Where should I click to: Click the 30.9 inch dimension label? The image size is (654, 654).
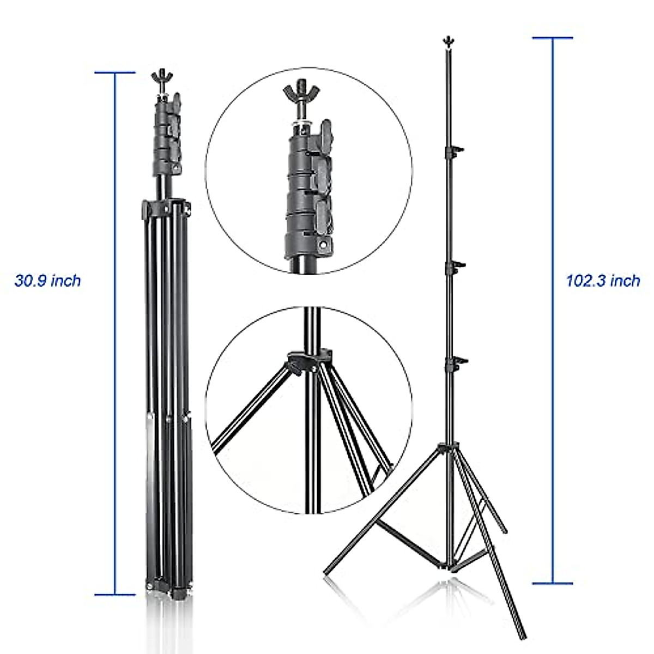tap(47, 281)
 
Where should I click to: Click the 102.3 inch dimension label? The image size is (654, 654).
tap(603, 281)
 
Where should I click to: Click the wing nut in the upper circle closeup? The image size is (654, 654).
tap(300, 93)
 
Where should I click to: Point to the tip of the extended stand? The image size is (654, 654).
tap(448, 40)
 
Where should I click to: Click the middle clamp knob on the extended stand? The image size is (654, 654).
tap(458, 265)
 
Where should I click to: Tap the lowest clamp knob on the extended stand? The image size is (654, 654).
tap(458, 360)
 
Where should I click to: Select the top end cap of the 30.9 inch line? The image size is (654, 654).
tap(115, 72)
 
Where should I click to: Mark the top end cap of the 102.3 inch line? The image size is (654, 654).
tap(553, 38)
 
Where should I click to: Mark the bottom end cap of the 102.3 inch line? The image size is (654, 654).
tap(553, 583)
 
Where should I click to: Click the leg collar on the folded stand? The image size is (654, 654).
tap(166, 207)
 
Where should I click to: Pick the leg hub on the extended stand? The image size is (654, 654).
tap(448, 448)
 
